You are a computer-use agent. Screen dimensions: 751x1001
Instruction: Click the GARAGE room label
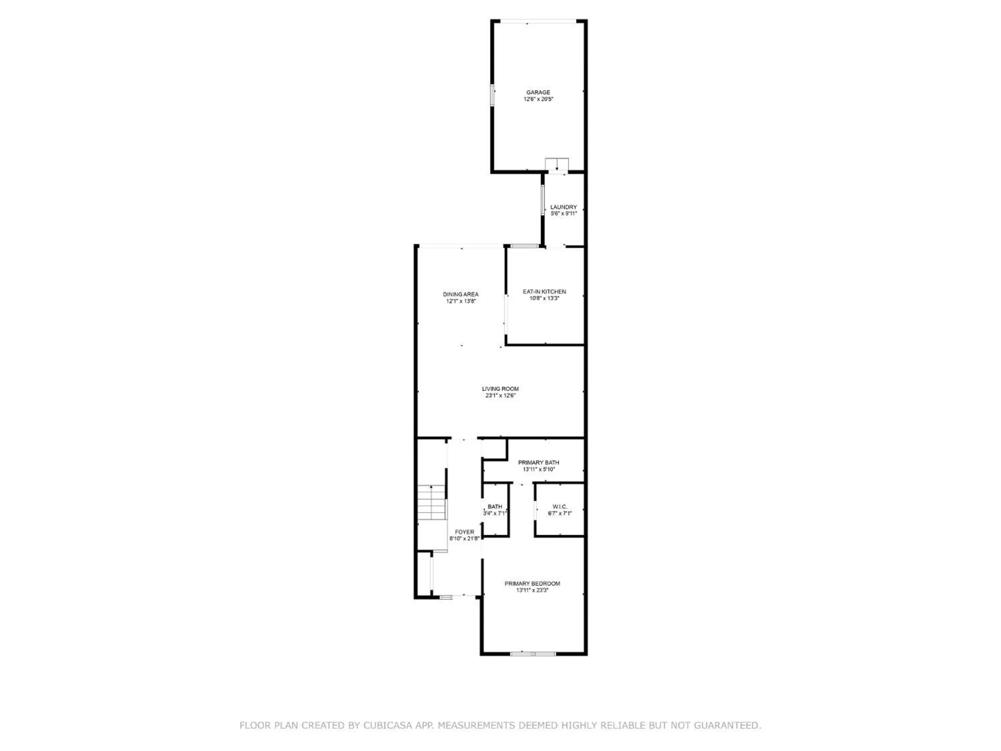(x=538, y=92)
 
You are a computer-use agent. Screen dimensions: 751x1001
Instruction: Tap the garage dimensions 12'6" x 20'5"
(x=538, y=99)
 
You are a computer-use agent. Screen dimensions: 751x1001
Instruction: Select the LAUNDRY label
(x=564, y=207)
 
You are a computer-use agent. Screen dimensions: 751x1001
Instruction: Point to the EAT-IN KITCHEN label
(x=545, y=291)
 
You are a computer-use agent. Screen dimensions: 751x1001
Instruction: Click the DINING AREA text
(x=460, y=294)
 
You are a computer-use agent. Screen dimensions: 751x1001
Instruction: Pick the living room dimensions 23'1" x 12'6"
(x=500, y=396)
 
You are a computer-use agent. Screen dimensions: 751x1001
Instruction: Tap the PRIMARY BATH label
(x=539, y=463)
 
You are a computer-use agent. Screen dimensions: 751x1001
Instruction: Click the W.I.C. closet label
(x=560, y=507)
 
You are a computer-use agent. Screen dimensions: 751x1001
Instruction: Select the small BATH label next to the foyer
(x=495, y=507)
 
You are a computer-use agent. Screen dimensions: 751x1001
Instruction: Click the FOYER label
(x=464, y=532)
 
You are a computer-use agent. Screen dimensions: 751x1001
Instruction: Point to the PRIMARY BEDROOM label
(x=532, y=583)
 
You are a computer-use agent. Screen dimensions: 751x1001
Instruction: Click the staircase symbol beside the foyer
(x=432, y=502)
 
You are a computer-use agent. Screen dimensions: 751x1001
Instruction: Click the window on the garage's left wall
(x=492, y=95)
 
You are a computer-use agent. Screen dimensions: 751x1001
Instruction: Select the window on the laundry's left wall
(x=543, y=201)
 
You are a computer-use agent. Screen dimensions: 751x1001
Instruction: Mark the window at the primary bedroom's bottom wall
(x=533, y=654)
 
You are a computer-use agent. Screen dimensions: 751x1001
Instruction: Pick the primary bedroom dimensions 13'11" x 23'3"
(x=532, y=590)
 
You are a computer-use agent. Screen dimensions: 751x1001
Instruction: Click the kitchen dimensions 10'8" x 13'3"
(x=545, y=298)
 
